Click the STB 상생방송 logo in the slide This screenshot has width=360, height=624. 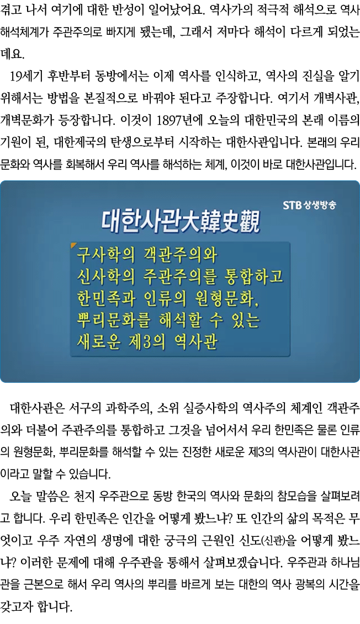309,206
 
